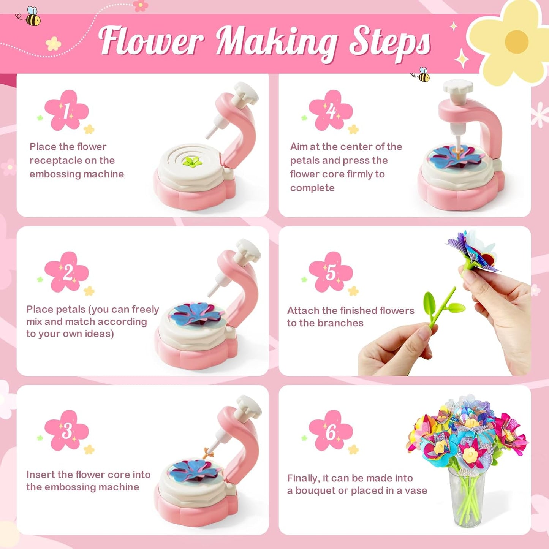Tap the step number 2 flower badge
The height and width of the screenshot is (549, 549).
(x=66, y=272)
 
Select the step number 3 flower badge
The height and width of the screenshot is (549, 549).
(x=66, y=430)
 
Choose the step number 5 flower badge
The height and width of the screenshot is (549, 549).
(x=331, y=272)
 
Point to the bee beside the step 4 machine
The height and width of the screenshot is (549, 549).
(x=422, y=75)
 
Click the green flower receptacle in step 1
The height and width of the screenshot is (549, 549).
(x=192, y=162)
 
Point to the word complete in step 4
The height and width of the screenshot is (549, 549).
(x=312, y=188)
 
